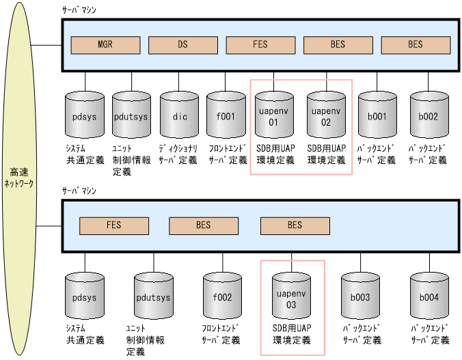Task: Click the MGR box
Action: (105, 45)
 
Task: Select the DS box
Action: (182, 45)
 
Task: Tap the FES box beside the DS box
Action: (260, 45)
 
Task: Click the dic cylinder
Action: (180, 116)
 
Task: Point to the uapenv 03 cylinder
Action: (292, 299)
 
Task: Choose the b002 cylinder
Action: (429, 116)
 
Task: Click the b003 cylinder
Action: (361, 298)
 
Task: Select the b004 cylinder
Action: (430, 298)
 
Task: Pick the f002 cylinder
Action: (222, 298)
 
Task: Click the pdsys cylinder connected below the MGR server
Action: (85, 116)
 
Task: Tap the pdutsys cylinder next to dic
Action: (131, 116)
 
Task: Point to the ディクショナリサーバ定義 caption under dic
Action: (180, 154)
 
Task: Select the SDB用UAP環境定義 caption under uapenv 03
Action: (292, 334)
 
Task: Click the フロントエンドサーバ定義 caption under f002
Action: (221, 334)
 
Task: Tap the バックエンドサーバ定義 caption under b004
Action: (430, 334)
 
